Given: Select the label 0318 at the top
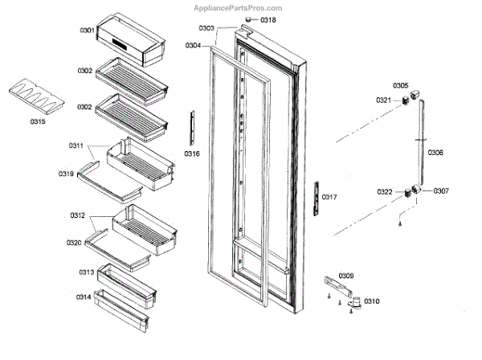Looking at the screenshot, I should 268,20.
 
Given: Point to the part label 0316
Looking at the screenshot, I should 191,153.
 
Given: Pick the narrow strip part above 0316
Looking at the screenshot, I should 192,127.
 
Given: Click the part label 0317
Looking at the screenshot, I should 329,197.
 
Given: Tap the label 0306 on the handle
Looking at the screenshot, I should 435,152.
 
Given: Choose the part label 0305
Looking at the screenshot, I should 400,85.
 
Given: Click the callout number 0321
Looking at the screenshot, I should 384,100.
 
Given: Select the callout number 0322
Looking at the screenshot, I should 384,192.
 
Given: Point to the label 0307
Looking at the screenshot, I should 441,191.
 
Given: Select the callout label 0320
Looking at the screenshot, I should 74,242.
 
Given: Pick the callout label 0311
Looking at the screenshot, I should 76,145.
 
